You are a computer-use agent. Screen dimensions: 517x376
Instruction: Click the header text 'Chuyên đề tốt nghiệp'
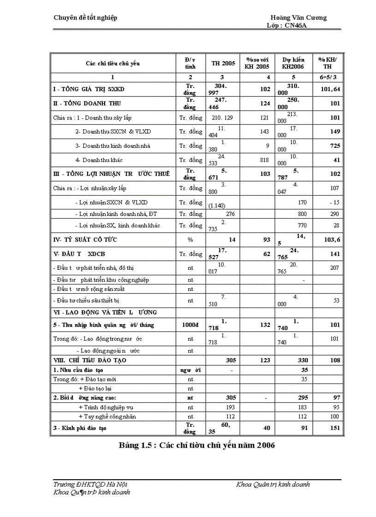coord(86,17)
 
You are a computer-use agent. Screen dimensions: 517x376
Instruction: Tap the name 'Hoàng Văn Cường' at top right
coord(299,17)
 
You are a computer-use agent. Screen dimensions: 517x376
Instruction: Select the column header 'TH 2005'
coord(223,64)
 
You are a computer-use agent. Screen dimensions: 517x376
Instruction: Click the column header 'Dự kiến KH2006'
coord(293,64)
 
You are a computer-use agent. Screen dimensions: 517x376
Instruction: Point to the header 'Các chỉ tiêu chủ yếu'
coord(112,64)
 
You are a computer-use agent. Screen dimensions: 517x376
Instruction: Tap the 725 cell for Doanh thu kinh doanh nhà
coord(335,146)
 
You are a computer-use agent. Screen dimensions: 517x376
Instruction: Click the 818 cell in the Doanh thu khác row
coord(264,160)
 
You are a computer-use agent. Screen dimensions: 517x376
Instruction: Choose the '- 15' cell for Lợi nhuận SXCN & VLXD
coord(335,202)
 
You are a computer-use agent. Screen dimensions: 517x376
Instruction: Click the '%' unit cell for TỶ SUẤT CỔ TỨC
coord(190,240)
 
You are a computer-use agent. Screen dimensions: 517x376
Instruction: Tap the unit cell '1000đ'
coord(190,325)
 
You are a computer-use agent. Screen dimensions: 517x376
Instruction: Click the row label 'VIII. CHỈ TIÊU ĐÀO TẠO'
coord(90,360)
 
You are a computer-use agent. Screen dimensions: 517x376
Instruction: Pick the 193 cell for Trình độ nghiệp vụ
coord(229,407)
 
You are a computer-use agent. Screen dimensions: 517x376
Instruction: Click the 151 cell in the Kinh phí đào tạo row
coord(335,428)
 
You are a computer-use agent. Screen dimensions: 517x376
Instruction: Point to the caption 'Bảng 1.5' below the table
coord(134,445)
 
